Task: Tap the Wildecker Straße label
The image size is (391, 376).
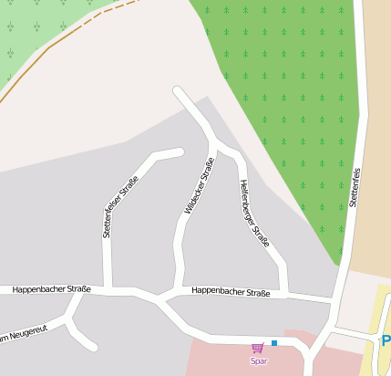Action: [199, 186]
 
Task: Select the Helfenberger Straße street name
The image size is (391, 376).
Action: [253, 213]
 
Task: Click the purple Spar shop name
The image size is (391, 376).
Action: [259, 360]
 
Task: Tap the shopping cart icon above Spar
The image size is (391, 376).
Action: [258, 348]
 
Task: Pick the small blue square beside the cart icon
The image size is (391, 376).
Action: [273, 343]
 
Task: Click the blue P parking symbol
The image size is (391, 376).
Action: [386, 341]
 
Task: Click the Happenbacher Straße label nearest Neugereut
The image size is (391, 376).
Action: [51, 289]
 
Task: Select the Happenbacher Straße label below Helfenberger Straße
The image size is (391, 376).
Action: [232, 292]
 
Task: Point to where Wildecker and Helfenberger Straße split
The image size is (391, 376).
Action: [215, 142]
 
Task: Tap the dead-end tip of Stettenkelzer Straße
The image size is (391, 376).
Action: [180, 152]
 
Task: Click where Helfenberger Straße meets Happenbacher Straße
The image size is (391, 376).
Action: [283, 295]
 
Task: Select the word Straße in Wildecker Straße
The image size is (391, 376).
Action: [206, 171]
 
